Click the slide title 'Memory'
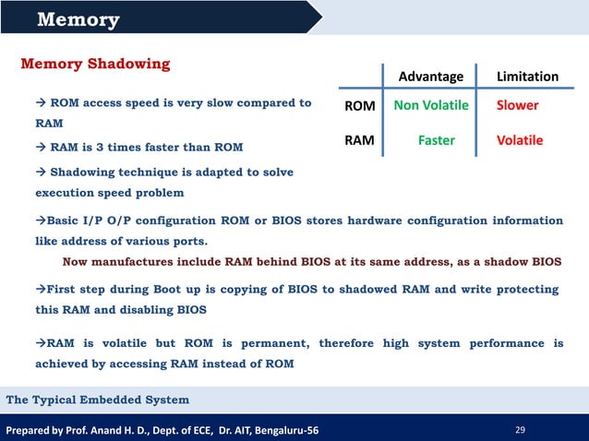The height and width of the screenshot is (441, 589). click(x=78, y=19)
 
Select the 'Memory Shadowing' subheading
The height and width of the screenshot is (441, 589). click(x=95, y=64)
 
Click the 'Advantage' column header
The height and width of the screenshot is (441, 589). click(x=430, y=76)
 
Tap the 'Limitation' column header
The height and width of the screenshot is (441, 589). click(x=527, y=76)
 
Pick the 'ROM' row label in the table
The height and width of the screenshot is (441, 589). click(x=359, y=106)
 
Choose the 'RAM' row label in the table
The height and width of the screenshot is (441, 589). click(x=359, y=141)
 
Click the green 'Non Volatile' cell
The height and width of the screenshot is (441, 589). click(x=431, y=105)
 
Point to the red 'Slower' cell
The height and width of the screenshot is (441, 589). click(x=518, y=105)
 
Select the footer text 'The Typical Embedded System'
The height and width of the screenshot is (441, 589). click(x=98, y=399)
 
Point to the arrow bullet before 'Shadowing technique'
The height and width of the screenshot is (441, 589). click(x=41, y=173)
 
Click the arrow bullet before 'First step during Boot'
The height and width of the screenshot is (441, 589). click(x=41, y=289)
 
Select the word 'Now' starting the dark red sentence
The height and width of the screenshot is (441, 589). click(x=76, y=262)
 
